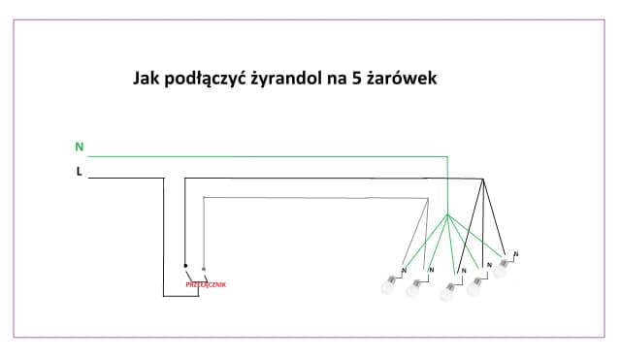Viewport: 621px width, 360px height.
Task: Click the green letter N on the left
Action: (x=80, y=147)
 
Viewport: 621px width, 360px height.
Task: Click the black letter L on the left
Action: (x=79, y=172)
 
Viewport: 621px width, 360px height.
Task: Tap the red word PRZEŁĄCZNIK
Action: (x=205, y=284)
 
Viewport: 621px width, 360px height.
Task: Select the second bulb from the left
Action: (x=414, y=287)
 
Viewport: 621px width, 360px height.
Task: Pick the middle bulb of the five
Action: (x=448, y=291)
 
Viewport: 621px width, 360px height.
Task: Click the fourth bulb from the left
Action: (x=475, y=288)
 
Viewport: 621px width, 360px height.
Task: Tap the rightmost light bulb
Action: (x=501, y=270)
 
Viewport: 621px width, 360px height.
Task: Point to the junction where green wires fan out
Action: (x=447, y=213)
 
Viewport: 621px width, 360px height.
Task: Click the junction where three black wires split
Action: (x=482, y=180)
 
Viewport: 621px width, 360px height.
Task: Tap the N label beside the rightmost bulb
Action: (x=515, y=254)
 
